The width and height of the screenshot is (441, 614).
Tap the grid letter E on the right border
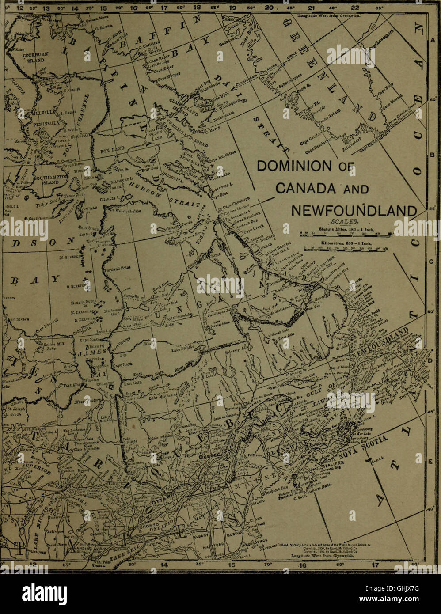pyautogui.click(x=432, y=462)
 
